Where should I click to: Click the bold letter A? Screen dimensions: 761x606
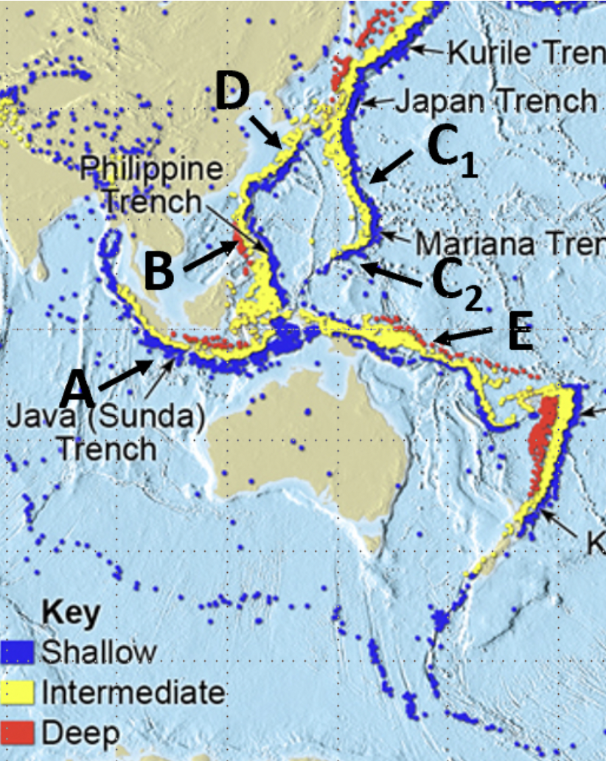78,389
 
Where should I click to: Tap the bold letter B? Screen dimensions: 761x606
159,272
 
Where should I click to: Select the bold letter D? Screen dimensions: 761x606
233,93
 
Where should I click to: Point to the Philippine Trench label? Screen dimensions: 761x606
151,184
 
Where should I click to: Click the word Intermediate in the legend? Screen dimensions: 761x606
133,692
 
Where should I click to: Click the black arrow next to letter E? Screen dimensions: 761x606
464,338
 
